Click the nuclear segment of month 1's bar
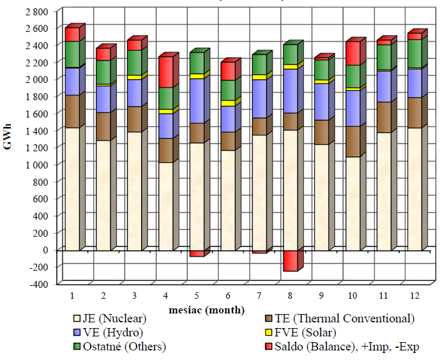click(72, 188)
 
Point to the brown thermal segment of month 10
click(352, 141)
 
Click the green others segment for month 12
click(414, 53)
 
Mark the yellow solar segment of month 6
click(227, 103)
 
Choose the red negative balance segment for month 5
click(197, 253)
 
